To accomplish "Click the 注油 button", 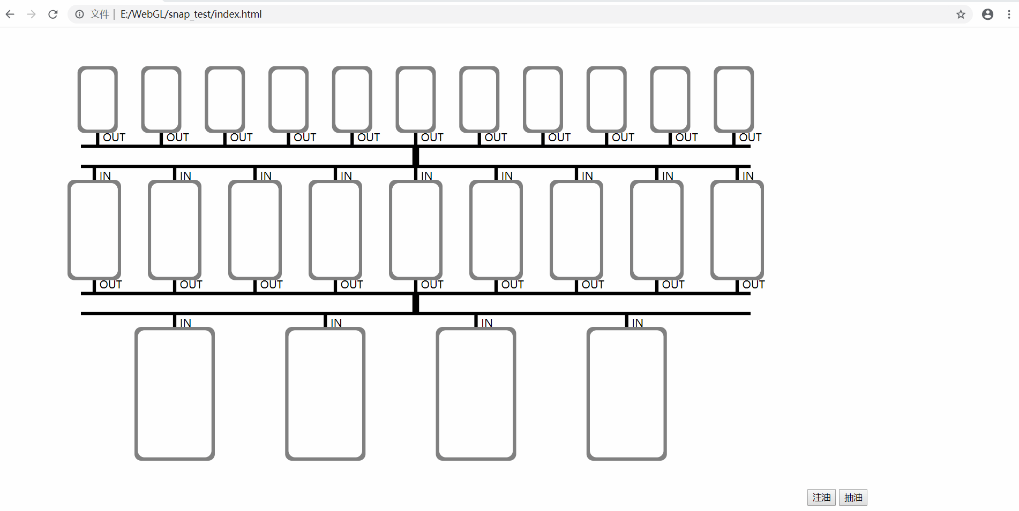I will [x=821, y=498].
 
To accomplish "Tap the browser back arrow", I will [x=10, y=14].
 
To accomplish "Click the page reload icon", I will [x=53, y=14].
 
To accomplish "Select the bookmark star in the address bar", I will [x=961, y=14].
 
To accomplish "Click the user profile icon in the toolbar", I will [x=987, y=14].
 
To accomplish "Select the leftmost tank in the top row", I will [x=98, y=99].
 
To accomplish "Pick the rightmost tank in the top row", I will [x=733, y=99].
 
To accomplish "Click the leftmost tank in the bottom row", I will [x=175, y=394].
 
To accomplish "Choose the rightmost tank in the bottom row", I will [x=626, y=394].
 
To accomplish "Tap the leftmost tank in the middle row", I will [x=94, y=230].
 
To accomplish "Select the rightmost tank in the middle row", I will [x=737, y=230].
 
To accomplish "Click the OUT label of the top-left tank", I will [x=114, y=138].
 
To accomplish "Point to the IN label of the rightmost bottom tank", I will [x=638, y=323].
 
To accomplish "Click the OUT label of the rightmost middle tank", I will [x=753, y=285].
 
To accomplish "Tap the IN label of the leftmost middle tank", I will [x=105, y=176].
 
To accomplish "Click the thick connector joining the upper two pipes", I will [x=416, y=156].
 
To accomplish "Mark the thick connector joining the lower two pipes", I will [x=416, y=303].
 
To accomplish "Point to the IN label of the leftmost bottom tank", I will [x=185, y=323].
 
